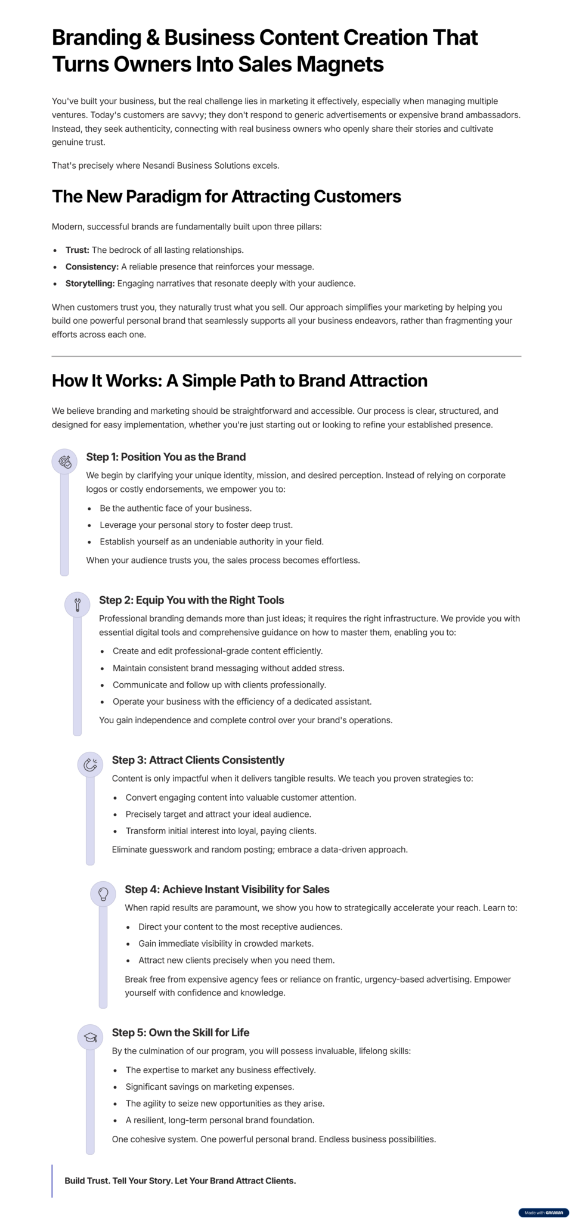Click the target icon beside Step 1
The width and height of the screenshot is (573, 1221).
(x=64, y=461)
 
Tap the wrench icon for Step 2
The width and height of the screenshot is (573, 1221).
(x=78, y=605)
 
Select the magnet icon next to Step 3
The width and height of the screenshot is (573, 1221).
(x=90, y=764)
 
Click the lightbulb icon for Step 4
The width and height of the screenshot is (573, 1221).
(x=103, y=894)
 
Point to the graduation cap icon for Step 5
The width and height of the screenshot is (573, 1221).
(x=90, y=1037)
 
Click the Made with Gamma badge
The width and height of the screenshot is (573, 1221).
(x=543, y=1212)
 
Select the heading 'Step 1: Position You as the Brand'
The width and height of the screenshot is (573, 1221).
(x=166, y=457)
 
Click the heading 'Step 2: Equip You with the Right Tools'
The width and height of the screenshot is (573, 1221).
(x=191, y=600)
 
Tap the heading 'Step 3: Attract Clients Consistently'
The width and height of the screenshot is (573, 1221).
(x=198, y=760)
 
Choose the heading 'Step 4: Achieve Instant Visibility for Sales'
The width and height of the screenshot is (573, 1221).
(x=227, y=890)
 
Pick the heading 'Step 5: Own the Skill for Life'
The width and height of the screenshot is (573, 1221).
(x=181, y=1033)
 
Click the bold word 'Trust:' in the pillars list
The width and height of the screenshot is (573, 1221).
(x=78, y=250)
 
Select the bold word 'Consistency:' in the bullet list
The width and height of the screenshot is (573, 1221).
(x=92, y=267)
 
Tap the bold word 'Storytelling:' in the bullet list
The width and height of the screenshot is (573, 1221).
(x=90, y=284)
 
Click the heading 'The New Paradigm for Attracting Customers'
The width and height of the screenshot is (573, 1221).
(x=226, y=197)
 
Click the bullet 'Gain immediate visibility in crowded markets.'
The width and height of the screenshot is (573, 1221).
(x=226, y=944)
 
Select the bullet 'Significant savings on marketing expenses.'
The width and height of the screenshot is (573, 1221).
(x=210, y=1087)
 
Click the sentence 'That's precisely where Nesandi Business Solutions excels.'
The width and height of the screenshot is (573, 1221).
(x=165, y=166)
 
